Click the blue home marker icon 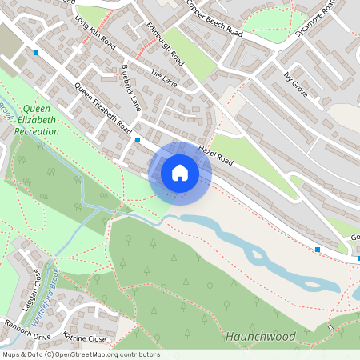click(180, 173)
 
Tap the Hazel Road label click(215, 155)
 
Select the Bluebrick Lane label click(131, 87)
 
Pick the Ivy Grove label click(296, 82)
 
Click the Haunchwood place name click(261, 336)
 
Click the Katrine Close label click(84, 339)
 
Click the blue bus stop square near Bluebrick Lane click(138, 140)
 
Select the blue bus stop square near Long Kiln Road click(36, 53)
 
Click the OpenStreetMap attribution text click(80, 354)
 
